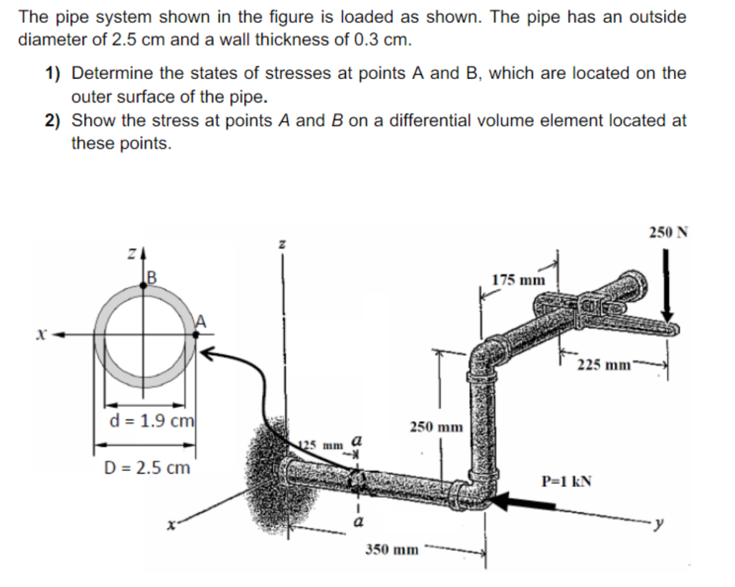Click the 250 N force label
(669, 232)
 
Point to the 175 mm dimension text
(518, 279)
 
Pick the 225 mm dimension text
(604, 364)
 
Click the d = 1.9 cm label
(146, 420)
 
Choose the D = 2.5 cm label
(147, 468)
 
